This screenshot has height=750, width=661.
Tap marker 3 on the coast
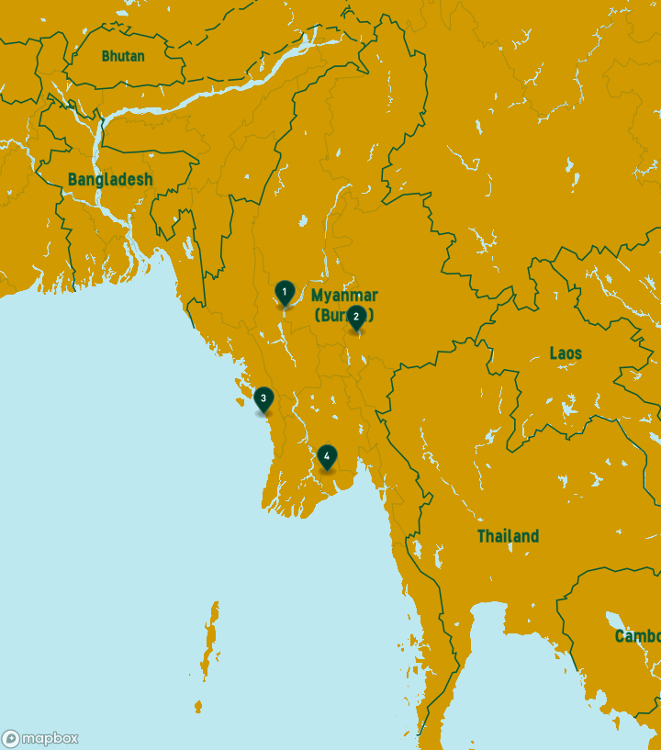click(263, 398)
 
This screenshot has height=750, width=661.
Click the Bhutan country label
click(123, 56)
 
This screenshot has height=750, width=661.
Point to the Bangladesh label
click(110, 180)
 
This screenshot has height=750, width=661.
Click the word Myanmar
click(344, 296)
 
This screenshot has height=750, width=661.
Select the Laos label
click(566, 353)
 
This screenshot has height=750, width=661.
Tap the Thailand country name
click(508, 536)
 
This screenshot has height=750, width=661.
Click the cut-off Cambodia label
click(637, 636)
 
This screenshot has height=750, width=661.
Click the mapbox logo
click(39, 738)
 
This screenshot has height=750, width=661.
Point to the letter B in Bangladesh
click(73, 180)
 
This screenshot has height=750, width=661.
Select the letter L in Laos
click(554, 353)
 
